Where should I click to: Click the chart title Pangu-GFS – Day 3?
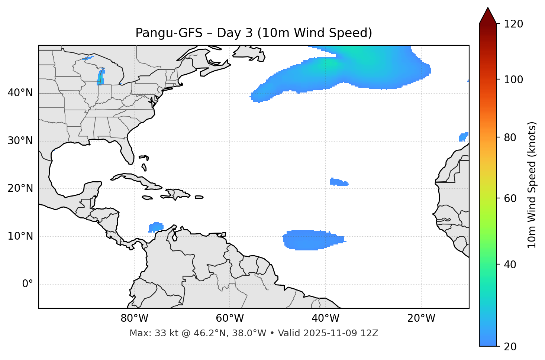pyautogui.click(x=254, y=33)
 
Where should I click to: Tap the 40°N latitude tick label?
pyautogui.click(x=20, y=93)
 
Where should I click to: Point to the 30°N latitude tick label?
pyautogui.click(x=20, y=141)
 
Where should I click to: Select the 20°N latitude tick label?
pyautogui.click(x=20, y=188)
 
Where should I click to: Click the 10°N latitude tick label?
pyautogui.click(x=20, y=236)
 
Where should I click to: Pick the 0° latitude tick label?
pyautogui.click(x=27, y=284)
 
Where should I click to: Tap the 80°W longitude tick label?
pyautogui.click(x=134, y=318)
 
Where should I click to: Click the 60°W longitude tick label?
pyautogui.click(x=230, y=318)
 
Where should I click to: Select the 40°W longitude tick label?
pyautogui.click(x=325, y=318)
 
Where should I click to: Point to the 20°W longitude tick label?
pyautogui.click(x=421, y=318)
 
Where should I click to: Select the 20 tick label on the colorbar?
pyautogui.click(x=510, y=346)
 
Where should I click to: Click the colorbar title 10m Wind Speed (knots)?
pyautogui.click(x=532, y=185)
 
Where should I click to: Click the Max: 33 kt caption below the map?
pyautogui.click(x=254, y=333)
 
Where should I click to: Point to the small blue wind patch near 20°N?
pyautogui.click(x=338, y=182)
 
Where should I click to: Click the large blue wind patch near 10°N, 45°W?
pyautogui.click(x=309, y=240)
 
